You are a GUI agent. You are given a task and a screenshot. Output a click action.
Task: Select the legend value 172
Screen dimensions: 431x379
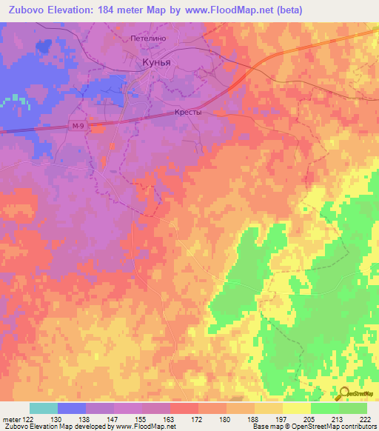coord(198,418)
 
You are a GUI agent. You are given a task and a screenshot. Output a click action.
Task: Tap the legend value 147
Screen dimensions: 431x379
coord(113,418)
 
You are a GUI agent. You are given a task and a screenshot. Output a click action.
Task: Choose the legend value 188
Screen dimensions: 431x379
coord(253,418)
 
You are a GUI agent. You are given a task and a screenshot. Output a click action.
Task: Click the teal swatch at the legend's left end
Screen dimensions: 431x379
coord(44,408)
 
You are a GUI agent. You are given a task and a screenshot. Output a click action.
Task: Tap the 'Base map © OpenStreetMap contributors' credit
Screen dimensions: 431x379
coord(313,427)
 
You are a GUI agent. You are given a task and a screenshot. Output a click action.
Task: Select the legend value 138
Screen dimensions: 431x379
coord(85,418)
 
